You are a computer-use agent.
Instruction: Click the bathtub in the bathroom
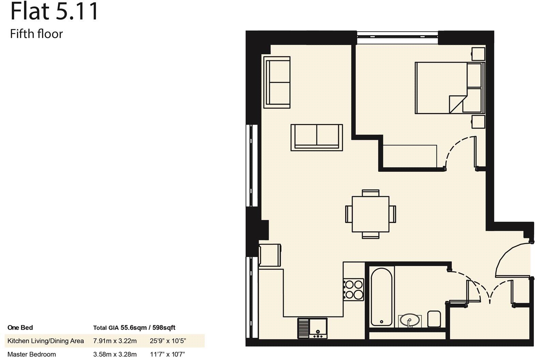click(x=382, y=297)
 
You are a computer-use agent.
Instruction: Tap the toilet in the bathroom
click(x=434, y=318)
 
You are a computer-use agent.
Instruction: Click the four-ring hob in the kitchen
click(x=354, y=289)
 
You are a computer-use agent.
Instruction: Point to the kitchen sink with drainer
click(x=312, y=328)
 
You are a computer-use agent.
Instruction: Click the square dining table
click(x=370, y=213)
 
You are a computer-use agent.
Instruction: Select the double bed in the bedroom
click(x=449, y=88)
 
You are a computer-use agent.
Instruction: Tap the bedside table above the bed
click(x=478, y=54)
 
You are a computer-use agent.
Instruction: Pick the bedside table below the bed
click(x=478, y=122)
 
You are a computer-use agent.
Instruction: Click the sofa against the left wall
click(x=277, y=82)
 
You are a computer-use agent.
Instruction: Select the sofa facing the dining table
click(x=317, y=137)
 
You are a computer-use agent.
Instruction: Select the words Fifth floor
click(x=36, y=34)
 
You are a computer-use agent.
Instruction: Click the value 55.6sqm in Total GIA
click(x=133, y=328)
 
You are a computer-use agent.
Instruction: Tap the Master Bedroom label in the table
click(x=32, y=354)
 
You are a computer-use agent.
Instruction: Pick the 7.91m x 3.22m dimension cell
click(x=115, y=341)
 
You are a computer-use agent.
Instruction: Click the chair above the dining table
click(x=370, y=193)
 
